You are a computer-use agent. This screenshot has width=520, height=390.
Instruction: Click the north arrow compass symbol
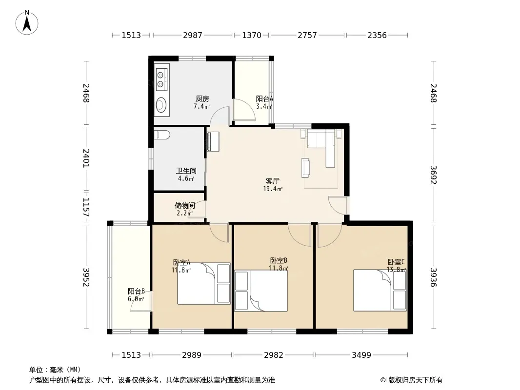(x=27, y=22)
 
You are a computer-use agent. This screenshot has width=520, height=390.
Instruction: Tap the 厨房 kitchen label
(x=202, y=99)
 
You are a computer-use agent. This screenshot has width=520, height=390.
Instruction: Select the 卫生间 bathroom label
(x=186, y=171)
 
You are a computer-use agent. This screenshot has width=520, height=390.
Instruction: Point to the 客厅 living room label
(x=273, y=181)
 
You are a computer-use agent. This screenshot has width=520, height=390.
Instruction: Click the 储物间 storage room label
(x=185, y=205)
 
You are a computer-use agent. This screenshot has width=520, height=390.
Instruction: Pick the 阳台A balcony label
(x=264, y=99)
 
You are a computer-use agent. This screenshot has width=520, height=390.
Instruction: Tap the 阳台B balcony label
(x=136, y=291)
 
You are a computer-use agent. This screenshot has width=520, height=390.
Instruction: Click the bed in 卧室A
(x=204, y=284)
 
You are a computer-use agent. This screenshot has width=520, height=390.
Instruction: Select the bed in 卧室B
(x=261, y=291)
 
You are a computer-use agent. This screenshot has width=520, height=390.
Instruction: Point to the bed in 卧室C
(x=380, y=290)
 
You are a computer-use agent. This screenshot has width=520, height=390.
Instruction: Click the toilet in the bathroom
(x=162, y=135)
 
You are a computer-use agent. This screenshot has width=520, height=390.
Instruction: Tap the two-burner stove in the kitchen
(x=162, y=79)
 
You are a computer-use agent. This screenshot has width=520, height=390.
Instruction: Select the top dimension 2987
(x=193, y=35)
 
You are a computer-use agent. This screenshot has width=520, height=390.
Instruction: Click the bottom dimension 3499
(x=361, y=355)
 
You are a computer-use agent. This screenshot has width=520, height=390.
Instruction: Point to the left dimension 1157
(x=86, y=207)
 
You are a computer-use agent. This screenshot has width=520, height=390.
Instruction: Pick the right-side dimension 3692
(x=434, y=175)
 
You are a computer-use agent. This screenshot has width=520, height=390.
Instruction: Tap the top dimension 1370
(x=252, y=35)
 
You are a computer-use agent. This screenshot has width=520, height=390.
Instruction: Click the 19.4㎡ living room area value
(x=273, y=189)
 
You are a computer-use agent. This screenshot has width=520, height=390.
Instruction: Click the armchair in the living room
(x=306, y=168)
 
